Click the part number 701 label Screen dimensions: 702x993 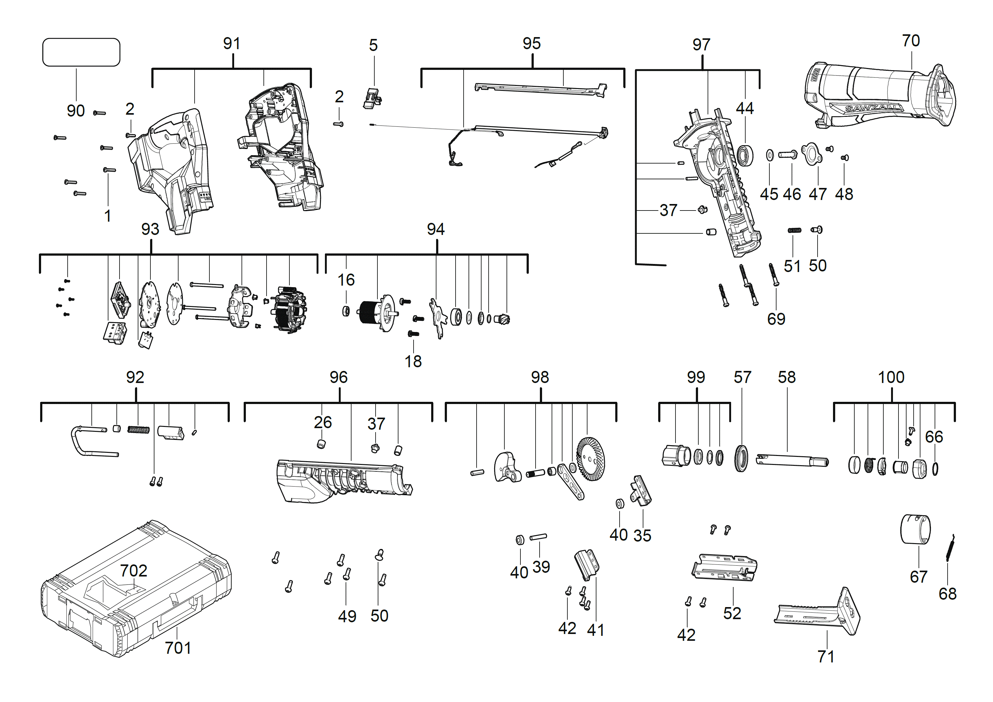click(x=178, y=648)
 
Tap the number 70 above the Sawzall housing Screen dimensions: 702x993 click(x=911, y=41)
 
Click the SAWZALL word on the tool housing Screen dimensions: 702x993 click(x=874, y=108)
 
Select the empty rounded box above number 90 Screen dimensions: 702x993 click(x=81, y=52)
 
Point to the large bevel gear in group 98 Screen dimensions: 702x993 click(x=591, y=458)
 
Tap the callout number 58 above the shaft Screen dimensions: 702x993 click(x=786, y=377)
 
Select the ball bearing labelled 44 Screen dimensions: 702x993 click(x=745, y=156)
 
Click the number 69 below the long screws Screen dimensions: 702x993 click(x=776, y=319)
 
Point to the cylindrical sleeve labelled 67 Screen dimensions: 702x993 click(x=915, y=529)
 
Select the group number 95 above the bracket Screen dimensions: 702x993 click(x=532, y=44)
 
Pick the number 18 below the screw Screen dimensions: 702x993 click(x=413, y=361)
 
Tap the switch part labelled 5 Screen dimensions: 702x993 click(x=372, y=98)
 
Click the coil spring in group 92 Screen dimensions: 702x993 click(x=138, y=430)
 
